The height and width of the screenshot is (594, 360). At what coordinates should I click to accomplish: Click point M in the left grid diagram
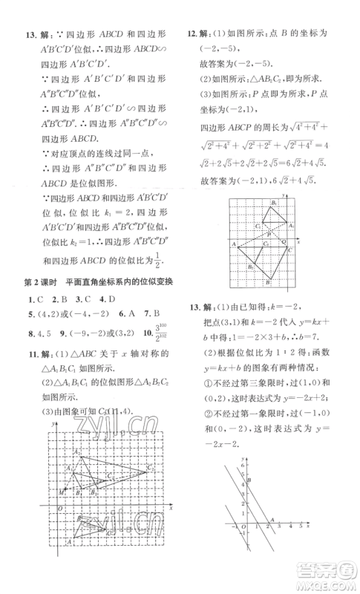[62, 492]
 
